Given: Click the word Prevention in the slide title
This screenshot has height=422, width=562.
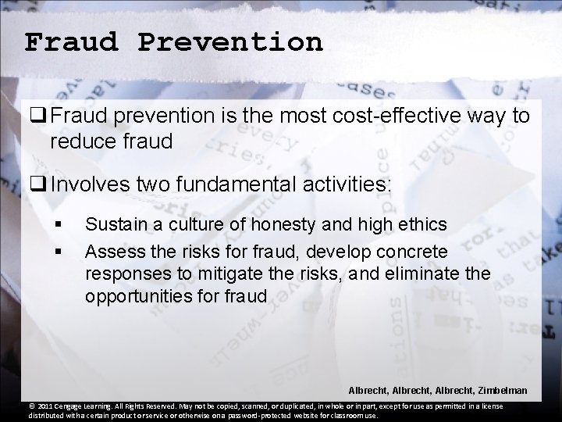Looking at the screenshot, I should click(230, 41).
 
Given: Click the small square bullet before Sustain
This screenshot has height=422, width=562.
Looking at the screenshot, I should click(58, 226).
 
